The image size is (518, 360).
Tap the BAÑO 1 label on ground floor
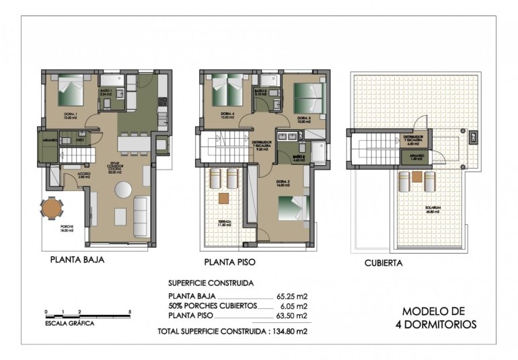coord(105,93)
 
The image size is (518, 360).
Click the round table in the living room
coord(123,191)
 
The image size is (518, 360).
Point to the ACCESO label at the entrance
coord(84,174)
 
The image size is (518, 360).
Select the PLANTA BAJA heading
coord(77,258)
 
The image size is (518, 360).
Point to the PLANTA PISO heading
coord(229,262)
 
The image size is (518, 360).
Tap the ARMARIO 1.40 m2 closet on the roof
coord(412,157)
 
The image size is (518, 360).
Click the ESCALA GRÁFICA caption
coord(70,323)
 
